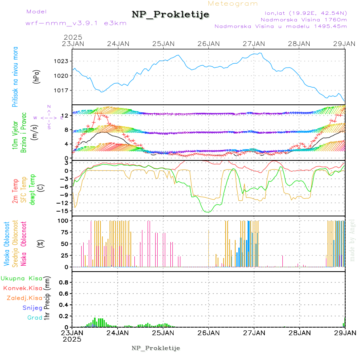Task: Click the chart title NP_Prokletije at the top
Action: tap(170, 15)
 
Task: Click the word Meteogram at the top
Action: tap(233, 4)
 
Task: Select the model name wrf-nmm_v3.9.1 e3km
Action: tap(76, 23)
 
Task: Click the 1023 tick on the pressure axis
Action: tap(61, 61)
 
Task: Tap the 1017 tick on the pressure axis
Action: tap(61, 90)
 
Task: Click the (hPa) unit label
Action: tap(36, 76)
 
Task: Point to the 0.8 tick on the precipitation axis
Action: tap(63, 282)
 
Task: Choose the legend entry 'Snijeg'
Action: tap(34, 308)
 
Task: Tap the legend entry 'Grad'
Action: tap(35, 318)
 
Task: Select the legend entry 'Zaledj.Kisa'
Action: tap(24, 298)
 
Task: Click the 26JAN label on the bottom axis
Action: tap(208, 332)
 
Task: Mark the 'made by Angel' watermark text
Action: tap(352, 240)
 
